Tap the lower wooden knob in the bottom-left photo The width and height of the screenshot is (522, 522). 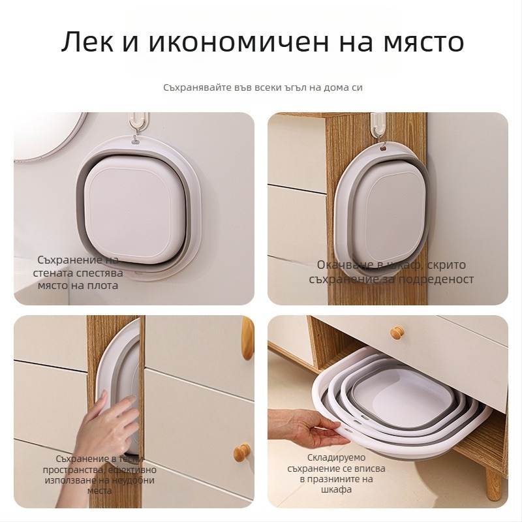point(243,452)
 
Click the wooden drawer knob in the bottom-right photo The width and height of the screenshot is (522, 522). point(397,333)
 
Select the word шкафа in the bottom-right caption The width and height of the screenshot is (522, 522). point(337,489)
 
